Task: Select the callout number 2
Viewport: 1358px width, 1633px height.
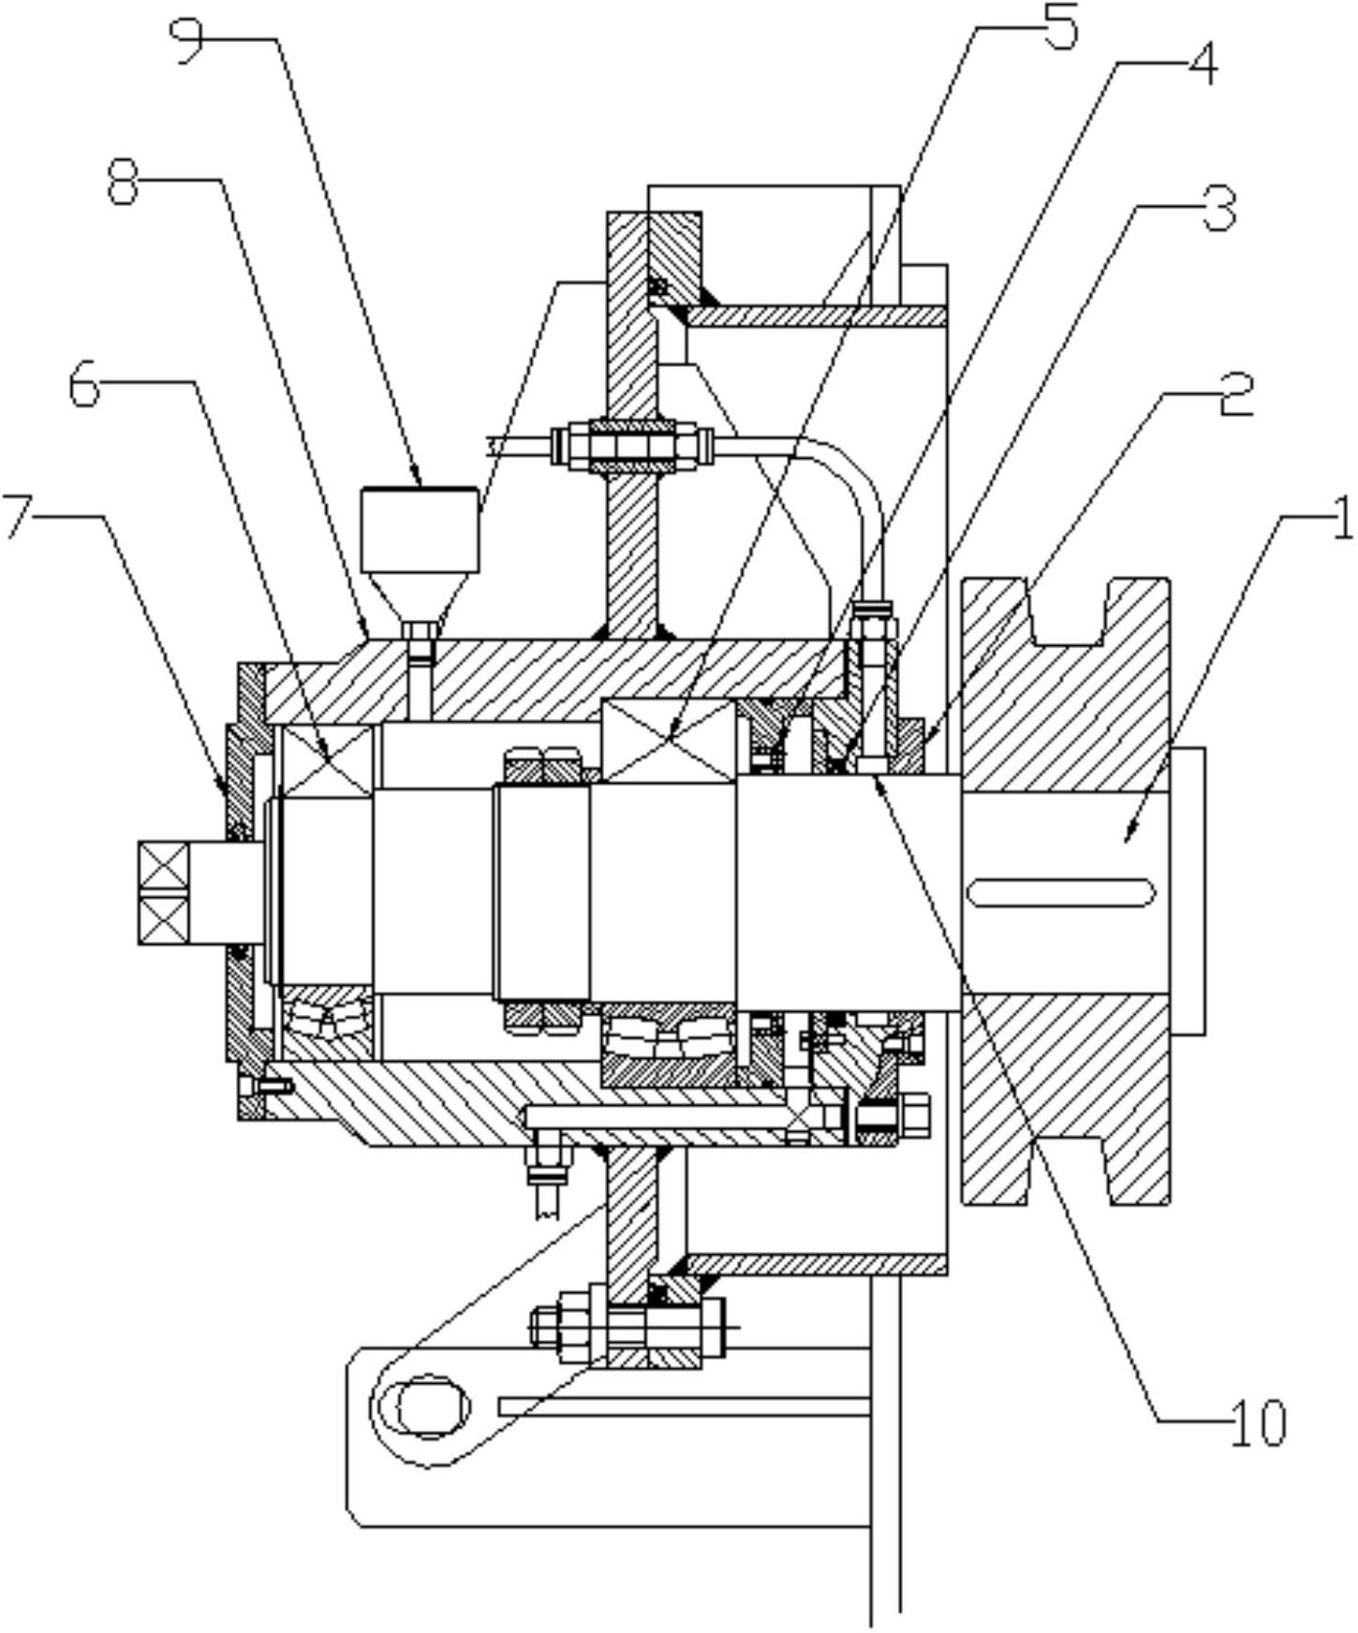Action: tap(1234, 394)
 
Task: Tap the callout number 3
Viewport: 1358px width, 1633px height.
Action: tap(1218, 209)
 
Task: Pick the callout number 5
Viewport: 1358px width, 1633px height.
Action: tap(1059, 26)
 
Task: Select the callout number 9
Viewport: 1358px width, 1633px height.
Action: tap(189, 40)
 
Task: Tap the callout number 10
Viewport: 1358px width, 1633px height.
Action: tap(1259, 1422)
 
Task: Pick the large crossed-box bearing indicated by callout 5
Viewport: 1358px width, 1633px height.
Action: tap(669, 740)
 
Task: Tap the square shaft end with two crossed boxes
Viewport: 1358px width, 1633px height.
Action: tap(163, 892)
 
